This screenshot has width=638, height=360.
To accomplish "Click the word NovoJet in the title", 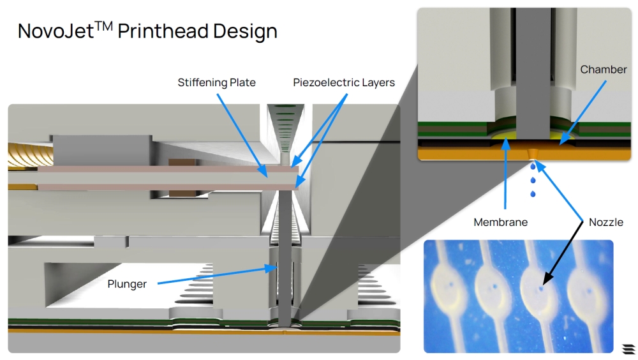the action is (x=56, y=31).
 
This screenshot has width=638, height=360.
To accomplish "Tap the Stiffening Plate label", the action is (x=216, y=83).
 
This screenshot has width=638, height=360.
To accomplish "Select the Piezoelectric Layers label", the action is (x=344, y=83).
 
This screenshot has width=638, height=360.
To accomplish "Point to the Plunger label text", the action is (x=127, y=284).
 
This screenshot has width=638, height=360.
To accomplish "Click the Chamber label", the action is (x=604, y=70).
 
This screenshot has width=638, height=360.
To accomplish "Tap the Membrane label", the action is (x=500, y=222).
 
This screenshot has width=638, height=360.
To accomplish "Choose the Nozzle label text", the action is (x=606, y=222).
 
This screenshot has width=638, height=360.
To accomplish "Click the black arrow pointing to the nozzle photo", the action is (x=563, y=253).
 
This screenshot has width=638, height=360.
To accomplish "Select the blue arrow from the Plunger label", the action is (x=218, y=275).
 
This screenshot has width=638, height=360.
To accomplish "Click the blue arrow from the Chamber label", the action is (x=582, y=112).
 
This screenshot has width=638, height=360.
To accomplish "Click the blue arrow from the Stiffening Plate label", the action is (x=242, y=135).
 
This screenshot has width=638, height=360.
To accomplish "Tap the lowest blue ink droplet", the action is (x=533, y=194).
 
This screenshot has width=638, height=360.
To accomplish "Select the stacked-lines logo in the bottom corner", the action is (x=628, y=349).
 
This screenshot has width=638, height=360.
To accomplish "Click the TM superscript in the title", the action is (x=104, y=26).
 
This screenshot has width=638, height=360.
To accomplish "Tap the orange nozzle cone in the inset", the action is (x=531, y=154).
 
